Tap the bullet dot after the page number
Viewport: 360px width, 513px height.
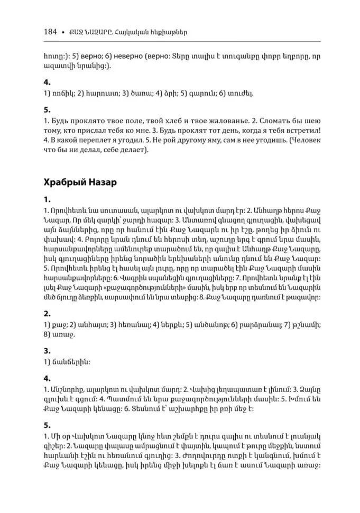(63, 32)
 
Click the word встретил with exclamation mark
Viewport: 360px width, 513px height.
(303, 132)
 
